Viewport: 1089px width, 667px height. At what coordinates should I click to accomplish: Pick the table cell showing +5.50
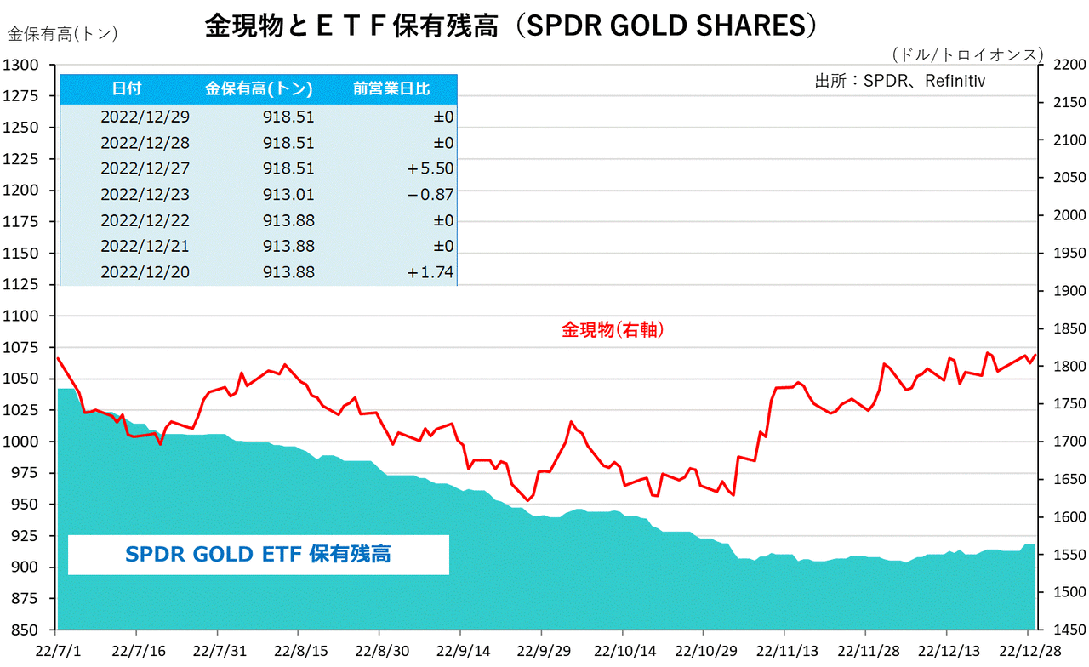point(430,168)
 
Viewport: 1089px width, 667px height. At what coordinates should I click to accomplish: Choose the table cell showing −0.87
point(430,195)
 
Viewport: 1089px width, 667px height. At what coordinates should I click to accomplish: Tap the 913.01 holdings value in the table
point(288,195)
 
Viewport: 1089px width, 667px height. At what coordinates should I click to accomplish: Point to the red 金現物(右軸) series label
point(613,330)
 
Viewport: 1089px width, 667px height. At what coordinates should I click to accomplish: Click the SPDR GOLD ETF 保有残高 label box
point(258,555)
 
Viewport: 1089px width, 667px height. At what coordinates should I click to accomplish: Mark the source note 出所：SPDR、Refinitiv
point(899,82)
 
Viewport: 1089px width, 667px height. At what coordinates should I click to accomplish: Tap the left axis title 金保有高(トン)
point(62,34)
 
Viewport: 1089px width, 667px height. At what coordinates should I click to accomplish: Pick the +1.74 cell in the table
point(430,272)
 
